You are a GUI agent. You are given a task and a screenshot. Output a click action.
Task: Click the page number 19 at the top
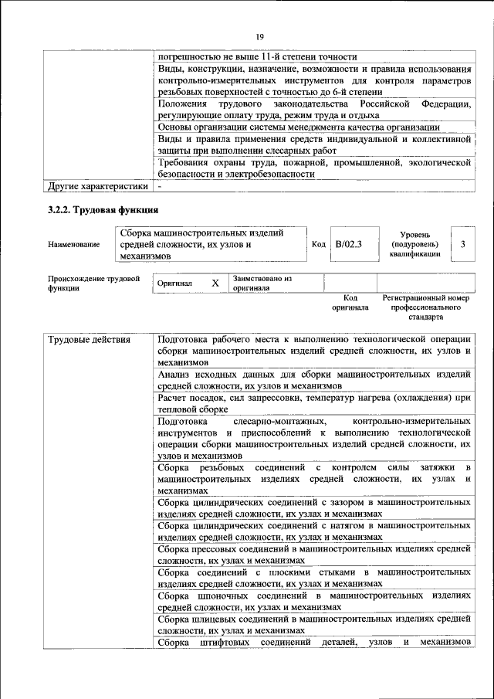point(260,36)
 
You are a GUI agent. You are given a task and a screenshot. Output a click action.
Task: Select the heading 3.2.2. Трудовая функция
point(103,210)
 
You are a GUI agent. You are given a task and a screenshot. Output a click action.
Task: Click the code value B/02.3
point(347,244)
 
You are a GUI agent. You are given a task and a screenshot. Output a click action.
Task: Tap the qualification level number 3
point(462,244)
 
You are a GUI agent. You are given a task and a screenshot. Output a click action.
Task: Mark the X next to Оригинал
point(215,283)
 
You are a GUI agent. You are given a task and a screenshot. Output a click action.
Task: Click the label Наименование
point(73,244)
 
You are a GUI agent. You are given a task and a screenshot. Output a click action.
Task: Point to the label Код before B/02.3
point(318,244)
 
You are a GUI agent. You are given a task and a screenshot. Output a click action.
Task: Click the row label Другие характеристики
point(97,186)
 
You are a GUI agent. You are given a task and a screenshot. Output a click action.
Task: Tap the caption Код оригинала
point(350,302)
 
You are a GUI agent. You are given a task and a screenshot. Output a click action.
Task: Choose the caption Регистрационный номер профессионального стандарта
point(425,307)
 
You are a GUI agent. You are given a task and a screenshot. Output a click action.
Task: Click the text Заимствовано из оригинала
point(262,283)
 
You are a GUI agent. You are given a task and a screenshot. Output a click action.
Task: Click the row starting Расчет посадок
point(313,403)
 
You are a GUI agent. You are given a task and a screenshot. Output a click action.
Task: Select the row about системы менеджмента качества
point(313,127)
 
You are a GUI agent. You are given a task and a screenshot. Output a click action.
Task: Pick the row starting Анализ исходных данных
point(313,380)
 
